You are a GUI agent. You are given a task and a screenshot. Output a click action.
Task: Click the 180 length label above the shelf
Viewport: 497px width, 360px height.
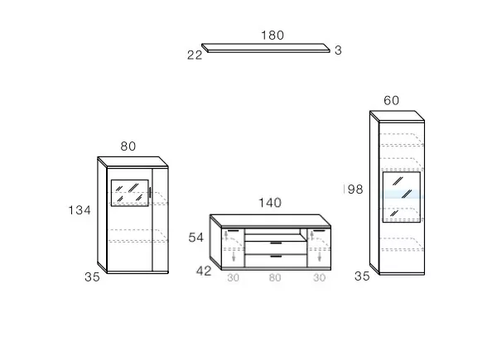273,35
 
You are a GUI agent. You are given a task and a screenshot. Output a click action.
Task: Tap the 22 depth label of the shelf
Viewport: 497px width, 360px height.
195,55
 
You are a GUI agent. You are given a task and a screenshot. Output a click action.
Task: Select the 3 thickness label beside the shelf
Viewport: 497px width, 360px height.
338,50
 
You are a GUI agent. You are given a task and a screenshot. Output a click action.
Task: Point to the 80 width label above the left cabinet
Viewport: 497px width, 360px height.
128,146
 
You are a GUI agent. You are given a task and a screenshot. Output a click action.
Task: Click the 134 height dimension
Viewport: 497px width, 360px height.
80,210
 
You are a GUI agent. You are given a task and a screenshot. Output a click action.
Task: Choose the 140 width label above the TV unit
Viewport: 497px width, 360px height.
270,203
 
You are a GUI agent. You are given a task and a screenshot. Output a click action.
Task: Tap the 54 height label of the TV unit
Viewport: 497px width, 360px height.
195,238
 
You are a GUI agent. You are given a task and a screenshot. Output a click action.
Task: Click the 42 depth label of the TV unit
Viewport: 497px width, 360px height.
204,271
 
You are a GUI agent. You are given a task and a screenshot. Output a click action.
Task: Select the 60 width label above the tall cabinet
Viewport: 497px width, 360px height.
391,101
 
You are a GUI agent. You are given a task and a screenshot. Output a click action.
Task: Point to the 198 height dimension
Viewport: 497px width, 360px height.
354,190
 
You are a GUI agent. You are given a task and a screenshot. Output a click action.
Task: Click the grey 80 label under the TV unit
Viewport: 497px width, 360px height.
275,278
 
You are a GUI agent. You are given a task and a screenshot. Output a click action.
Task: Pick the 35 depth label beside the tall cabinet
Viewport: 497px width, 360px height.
362,276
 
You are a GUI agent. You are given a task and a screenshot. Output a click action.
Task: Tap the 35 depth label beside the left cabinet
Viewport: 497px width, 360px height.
92,277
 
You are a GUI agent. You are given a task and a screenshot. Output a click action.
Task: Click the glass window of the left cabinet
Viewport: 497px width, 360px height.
130,193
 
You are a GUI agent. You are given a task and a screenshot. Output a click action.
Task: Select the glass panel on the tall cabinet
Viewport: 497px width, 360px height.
402,197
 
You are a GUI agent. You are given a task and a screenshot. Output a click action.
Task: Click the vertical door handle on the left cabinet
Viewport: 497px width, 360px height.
150,193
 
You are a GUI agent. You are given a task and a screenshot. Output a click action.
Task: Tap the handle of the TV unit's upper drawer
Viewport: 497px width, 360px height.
276,243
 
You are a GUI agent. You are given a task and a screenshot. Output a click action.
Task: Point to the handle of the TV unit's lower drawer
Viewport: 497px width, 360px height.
276,257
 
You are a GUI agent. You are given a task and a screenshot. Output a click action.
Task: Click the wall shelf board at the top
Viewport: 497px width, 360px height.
266,48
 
